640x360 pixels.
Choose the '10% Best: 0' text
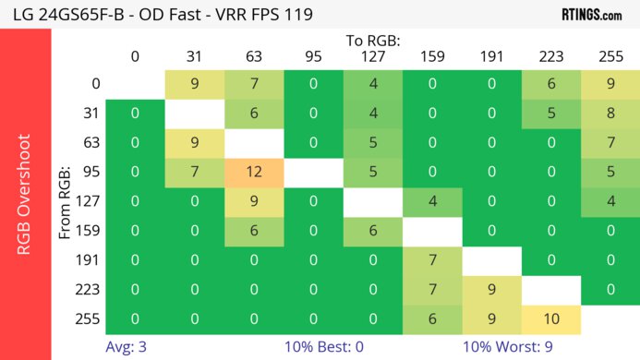pos(314,348)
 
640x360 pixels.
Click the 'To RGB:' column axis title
pos(373,41)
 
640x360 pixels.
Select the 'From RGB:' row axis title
pos(66,202)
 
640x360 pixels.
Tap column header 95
pos(313,57)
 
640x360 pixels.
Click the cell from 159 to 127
pos(373,232)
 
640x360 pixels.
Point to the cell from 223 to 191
pos(492,291)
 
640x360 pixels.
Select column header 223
pos(551,57)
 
